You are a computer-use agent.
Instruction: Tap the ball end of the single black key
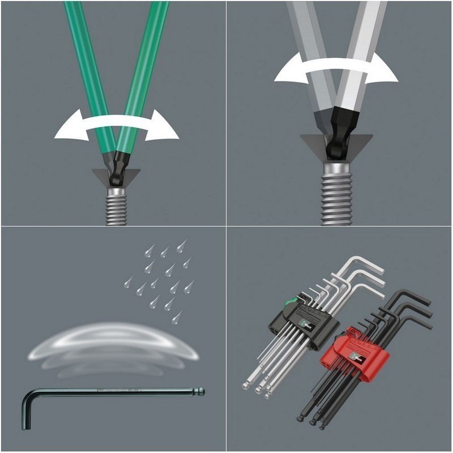(x=200, y=391)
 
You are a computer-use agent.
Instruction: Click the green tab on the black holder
(x=290, y=305)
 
